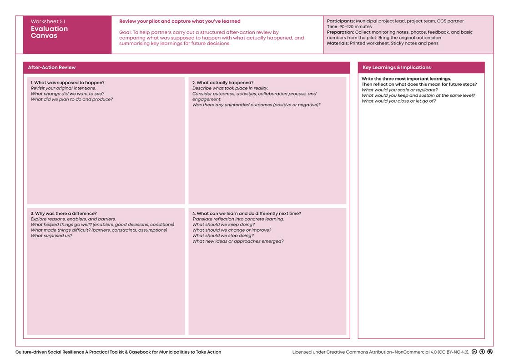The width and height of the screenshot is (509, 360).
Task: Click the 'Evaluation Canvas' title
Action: pyautogui.click(x=49, y=32)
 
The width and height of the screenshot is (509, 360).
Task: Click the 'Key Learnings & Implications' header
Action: pyautogui.click(x=397, y=67)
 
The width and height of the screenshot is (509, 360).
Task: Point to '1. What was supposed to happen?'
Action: pyautogui.click(x=67, y=83)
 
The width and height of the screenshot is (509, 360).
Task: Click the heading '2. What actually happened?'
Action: pyautogui.click(x=223, y=83)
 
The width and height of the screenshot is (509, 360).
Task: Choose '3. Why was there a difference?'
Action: pyautogui.click(x=64, y=214)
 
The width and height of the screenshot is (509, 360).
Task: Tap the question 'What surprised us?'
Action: pyautogui.click(x=51, y=236)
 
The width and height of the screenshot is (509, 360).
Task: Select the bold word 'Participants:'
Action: pyautogui.click(x=341, y=21)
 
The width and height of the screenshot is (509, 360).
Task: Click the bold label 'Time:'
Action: pyautogui.click(x=333, y=27)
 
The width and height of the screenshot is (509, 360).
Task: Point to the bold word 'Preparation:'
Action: pyautogui.click(x=341, y=32)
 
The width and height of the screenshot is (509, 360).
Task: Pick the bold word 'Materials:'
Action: pyautogui.click(x=338, y=43)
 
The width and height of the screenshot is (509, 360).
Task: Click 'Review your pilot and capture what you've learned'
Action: pyautogui.click(x=180, y=21)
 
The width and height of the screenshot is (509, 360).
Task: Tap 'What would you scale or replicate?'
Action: pyautogui.click(x=399, y=90)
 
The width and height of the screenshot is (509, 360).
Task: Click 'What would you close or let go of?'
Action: pyautogui.click(x=398, y=101)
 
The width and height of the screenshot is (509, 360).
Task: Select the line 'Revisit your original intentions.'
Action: pyautogui.click(x=63, y=88)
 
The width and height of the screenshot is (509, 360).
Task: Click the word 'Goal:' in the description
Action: pyautogui.click(x=126, y=33)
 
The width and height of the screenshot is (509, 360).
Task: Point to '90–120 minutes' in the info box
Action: pyautogui.click(x=355, y=27)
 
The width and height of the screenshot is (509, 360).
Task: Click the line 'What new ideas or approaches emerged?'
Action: pyautogui.click(x=238, y=241)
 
